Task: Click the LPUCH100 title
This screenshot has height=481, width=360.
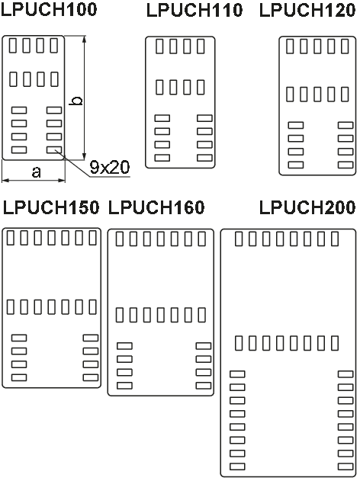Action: [x=49, y=9]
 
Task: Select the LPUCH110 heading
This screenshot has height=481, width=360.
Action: [x=194, y=10]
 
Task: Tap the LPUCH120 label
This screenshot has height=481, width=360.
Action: [x=307, y=10]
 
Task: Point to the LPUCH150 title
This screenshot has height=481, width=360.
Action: [x=51, y=207]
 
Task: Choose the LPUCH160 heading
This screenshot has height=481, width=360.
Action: [x=156, y=207]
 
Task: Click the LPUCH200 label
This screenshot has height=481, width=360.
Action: [x=307, y=207]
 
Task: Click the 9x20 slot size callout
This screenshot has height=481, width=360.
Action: [x=110, y=167]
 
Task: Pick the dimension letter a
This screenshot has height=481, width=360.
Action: [x=36, y=172]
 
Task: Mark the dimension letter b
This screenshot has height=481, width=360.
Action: [x=76, y=101]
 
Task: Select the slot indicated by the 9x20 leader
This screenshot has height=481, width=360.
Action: [x=54, y=149]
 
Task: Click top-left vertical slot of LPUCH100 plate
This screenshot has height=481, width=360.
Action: [x=13, y=46]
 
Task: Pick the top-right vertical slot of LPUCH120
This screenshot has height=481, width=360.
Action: [x=346, y=46]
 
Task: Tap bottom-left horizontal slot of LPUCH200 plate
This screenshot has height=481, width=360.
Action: [x=237, y=467]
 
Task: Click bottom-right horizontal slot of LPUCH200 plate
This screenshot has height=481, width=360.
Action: [x=346, y=467]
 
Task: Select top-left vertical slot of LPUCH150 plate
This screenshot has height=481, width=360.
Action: [x=11, y=238]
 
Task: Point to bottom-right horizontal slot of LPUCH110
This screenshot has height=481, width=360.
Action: [x=204, y=158]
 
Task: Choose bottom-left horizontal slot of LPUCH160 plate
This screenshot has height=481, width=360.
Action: [x=124, y=386]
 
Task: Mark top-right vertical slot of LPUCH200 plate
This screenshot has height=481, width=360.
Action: [x=335, y=239]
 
